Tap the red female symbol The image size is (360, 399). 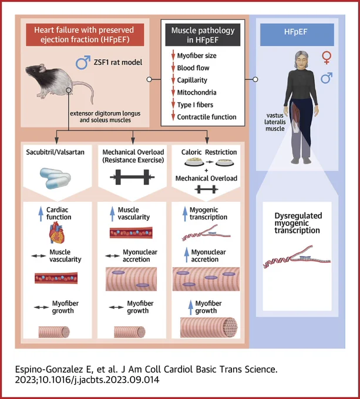point(327,58)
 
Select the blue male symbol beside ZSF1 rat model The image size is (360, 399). point(83,63)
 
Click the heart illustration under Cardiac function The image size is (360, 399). point(57,232)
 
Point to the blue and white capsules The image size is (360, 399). point(55,178)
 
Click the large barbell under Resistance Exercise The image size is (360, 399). point(132,177)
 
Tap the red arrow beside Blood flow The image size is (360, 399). point(173,67)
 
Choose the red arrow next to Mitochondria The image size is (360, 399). point(173,92)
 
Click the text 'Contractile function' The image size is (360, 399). point(207,117)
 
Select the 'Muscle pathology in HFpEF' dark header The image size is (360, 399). point(203,35)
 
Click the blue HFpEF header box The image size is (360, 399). point(297,35)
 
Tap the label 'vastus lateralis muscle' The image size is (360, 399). point(275,122)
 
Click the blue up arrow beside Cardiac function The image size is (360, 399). point(41,214)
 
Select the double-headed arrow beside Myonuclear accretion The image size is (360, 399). point(113,256)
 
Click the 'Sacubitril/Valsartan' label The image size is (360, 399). point(55,152)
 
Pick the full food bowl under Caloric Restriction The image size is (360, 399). point(194,162)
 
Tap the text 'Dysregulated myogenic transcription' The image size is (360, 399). point(298,223)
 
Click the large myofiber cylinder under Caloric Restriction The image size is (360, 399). point(209,327)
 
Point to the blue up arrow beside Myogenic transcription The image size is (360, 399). point(185,214)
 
